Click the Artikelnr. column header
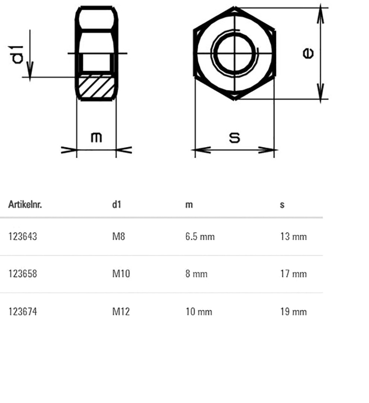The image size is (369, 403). [x=25, y=204]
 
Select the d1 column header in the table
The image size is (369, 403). [x=117, y=204]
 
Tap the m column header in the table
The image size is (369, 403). [x=189, y=205]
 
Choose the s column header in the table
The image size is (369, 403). [x=282, y=205]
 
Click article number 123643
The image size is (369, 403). [x=23, y=237]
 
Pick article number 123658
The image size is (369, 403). [x=23, y=274]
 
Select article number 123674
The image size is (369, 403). [x=23, y=312]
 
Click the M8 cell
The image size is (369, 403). [x=119, y=237]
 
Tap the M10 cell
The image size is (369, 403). [x=121, y=274]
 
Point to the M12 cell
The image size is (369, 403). [x=121, y=312]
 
